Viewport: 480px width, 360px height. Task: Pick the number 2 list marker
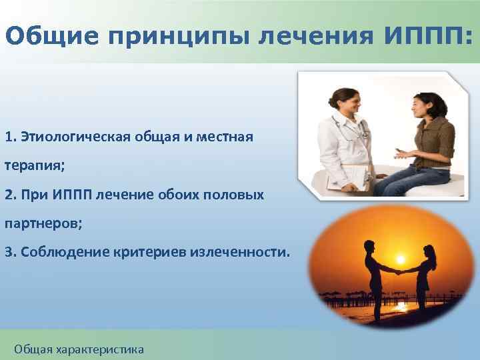click(8, 195)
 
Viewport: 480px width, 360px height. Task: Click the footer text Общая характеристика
click(79, 349)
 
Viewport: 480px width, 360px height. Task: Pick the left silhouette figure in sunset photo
click(374, 280)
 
